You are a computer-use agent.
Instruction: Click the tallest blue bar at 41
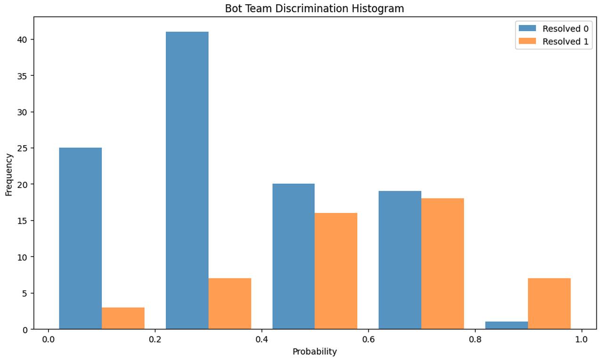click(187, 180)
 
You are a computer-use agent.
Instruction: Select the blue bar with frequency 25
click(81, 238)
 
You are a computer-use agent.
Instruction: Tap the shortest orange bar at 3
click(123, 318)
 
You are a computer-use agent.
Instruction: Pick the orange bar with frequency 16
click(336, 271)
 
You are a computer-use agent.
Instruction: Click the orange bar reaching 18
click(442, 264)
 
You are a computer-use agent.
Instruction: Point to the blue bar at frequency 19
click(400, 260)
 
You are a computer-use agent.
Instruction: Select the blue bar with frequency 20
click(293, 256)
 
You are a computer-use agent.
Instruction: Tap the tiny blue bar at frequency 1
click(506, 325)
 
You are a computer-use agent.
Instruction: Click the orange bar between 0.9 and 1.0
click(549, 304)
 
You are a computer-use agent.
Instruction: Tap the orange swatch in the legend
click(527, 41)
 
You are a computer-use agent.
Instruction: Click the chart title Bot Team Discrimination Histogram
click(314, 8)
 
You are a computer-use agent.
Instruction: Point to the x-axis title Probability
click(314, 352)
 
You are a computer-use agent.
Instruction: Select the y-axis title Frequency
click(9, 175)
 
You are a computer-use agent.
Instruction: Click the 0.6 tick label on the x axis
click(368, 339)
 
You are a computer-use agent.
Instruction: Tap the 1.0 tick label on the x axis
click(581, 339)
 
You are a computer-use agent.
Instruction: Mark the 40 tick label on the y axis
click(22, 40)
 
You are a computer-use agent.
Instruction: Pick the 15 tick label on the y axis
click(22, 221)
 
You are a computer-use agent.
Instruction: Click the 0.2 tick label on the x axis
click(155, 339)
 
